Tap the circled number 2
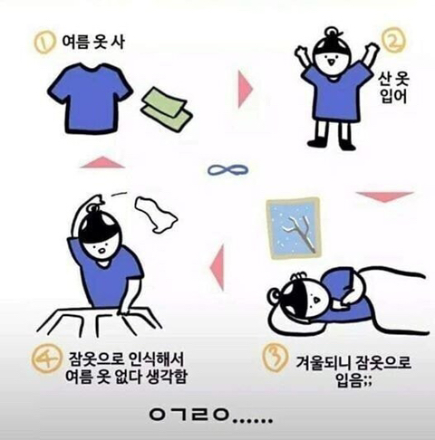[x=391, y=41]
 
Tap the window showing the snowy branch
[x=292, y=226]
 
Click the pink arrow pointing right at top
[x=245, y=90]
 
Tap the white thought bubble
[x=155, y=214]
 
